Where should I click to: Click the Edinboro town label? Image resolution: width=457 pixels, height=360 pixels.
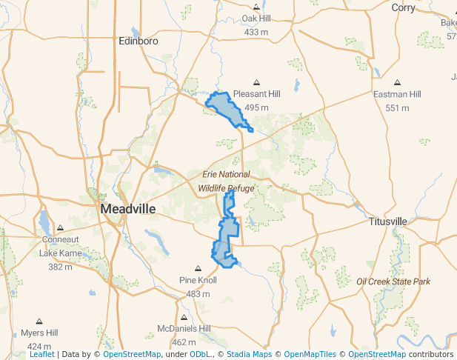click(x=139, y=41)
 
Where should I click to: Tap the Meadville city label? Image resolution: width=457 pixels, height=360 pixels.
click(x=128, y=209)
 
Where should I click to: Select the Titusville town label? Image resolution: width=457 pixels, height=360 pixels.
click(x=388, y=221)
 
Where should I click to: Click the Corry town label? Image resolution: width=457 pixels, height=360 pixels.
click(x=404, y=7)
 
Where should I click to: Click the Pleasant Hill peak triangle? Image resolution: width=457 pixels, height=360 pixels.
click(x=256, y=82)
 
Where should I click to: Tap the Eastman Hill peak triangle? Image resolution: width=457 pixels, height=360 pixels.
click(x=397, y=83)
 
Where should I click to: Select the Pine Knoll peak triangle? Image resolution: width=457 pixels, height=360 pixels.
click(x=198, y=268)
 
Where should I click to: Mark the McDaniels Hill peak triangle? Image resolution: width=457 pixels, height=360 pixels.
click(x=184, y=317)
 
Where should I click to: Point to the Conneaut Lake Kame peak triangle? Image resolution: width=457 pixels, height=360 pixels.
click(x=60, y=227)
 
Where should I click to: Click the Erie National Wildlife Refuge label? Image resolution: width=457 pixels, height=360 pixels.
click(x=226, y=181)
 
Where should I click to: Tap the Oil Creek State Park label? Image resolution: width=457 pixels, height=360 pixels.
click(x=393, y=281)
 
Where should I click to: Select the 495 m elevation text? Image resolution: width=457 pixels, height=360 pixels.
click(x=256, y=107)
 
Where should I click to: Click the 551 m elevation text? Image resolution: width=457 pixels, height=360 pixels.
click(x=397, y=107)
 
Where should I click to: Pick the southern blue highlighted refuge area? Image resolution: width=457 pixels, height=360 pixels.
click(x=224, y=248)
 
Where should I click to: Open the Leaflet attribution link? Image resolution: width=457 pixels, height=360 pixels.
click(x=42, y=354)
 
